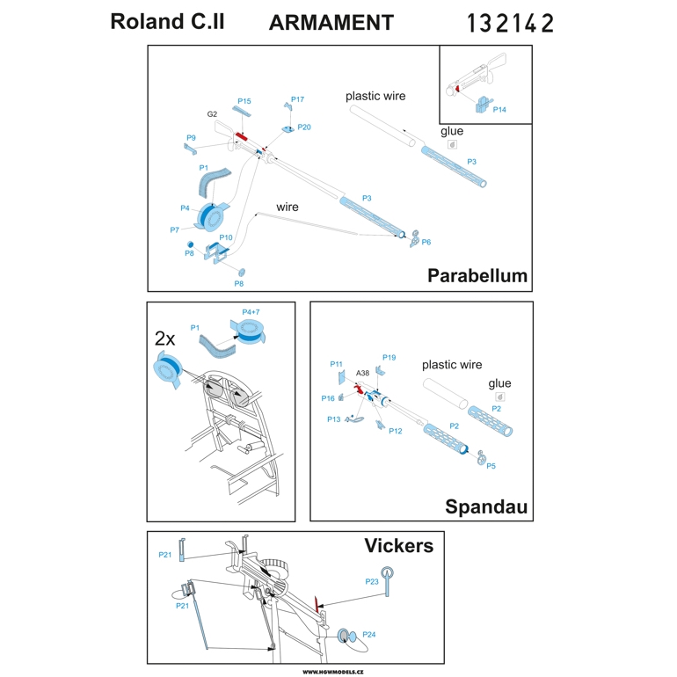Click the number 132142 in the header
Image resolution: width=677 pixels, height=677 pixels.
coord(511,23)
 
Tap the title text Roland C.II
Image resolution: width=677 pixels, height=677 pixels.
coord(167,22)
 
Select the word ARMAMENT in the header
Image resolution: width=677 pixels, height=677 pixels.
coord(331,23)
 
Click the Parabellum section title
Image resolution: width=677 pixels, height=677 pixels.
coord(477,275)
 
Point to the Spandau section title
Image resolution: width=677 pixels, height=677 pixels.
coord(486,507)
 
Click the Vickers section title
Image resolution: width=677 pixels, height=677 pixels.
coord(398,546)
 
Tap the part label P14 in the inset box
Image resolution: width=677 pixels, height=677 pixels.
coord(499,110)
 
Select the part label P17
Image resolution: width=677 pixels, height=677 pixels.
coord(297,99)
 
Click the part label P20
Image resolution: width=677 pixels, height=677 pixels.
coord(304,127)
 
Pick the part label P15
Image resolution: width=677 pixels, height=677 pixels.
coord(244,101)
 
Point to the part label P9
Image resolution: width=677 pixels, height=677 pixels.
coord(191,138)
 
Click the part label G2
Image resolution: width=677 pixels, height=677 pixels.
coord(212,114)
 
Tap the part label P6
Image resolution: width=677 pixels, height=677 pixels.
coord(426,242)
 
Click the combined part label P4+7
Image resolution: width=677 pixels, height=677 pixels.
coord(251,312)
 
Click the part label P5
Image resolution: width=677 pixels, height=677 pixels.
coord(491,466)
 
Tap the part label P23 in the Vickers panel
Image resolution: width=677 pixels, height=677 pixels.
coord(372,581)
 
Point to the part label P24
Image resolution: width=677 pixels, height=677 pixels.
coord(369,634)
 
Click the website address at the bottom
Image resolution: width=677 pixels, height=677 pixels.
coord(338,671)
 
